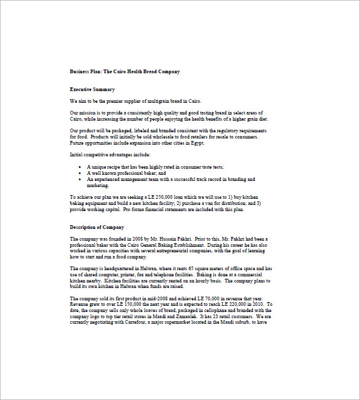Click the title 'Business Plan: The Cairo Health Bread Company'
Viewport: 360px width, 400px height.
(125, 72)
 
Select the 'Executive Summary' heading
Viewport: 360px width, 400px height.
(92, 90)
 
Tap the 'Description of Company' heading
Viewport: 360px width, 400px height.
(97, 227)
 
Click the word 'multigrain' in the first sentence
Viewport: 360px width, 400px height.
(148, 102)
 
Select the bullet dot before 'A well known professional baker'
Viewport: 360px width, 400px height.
(81, 174)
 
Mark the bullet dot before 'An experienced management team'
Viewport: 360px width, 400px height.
(81, 179)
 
